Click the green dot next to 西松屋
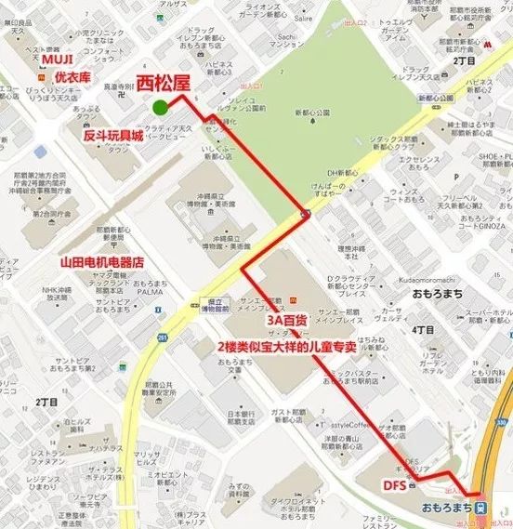161,107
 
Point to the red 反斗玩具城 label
113,136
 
